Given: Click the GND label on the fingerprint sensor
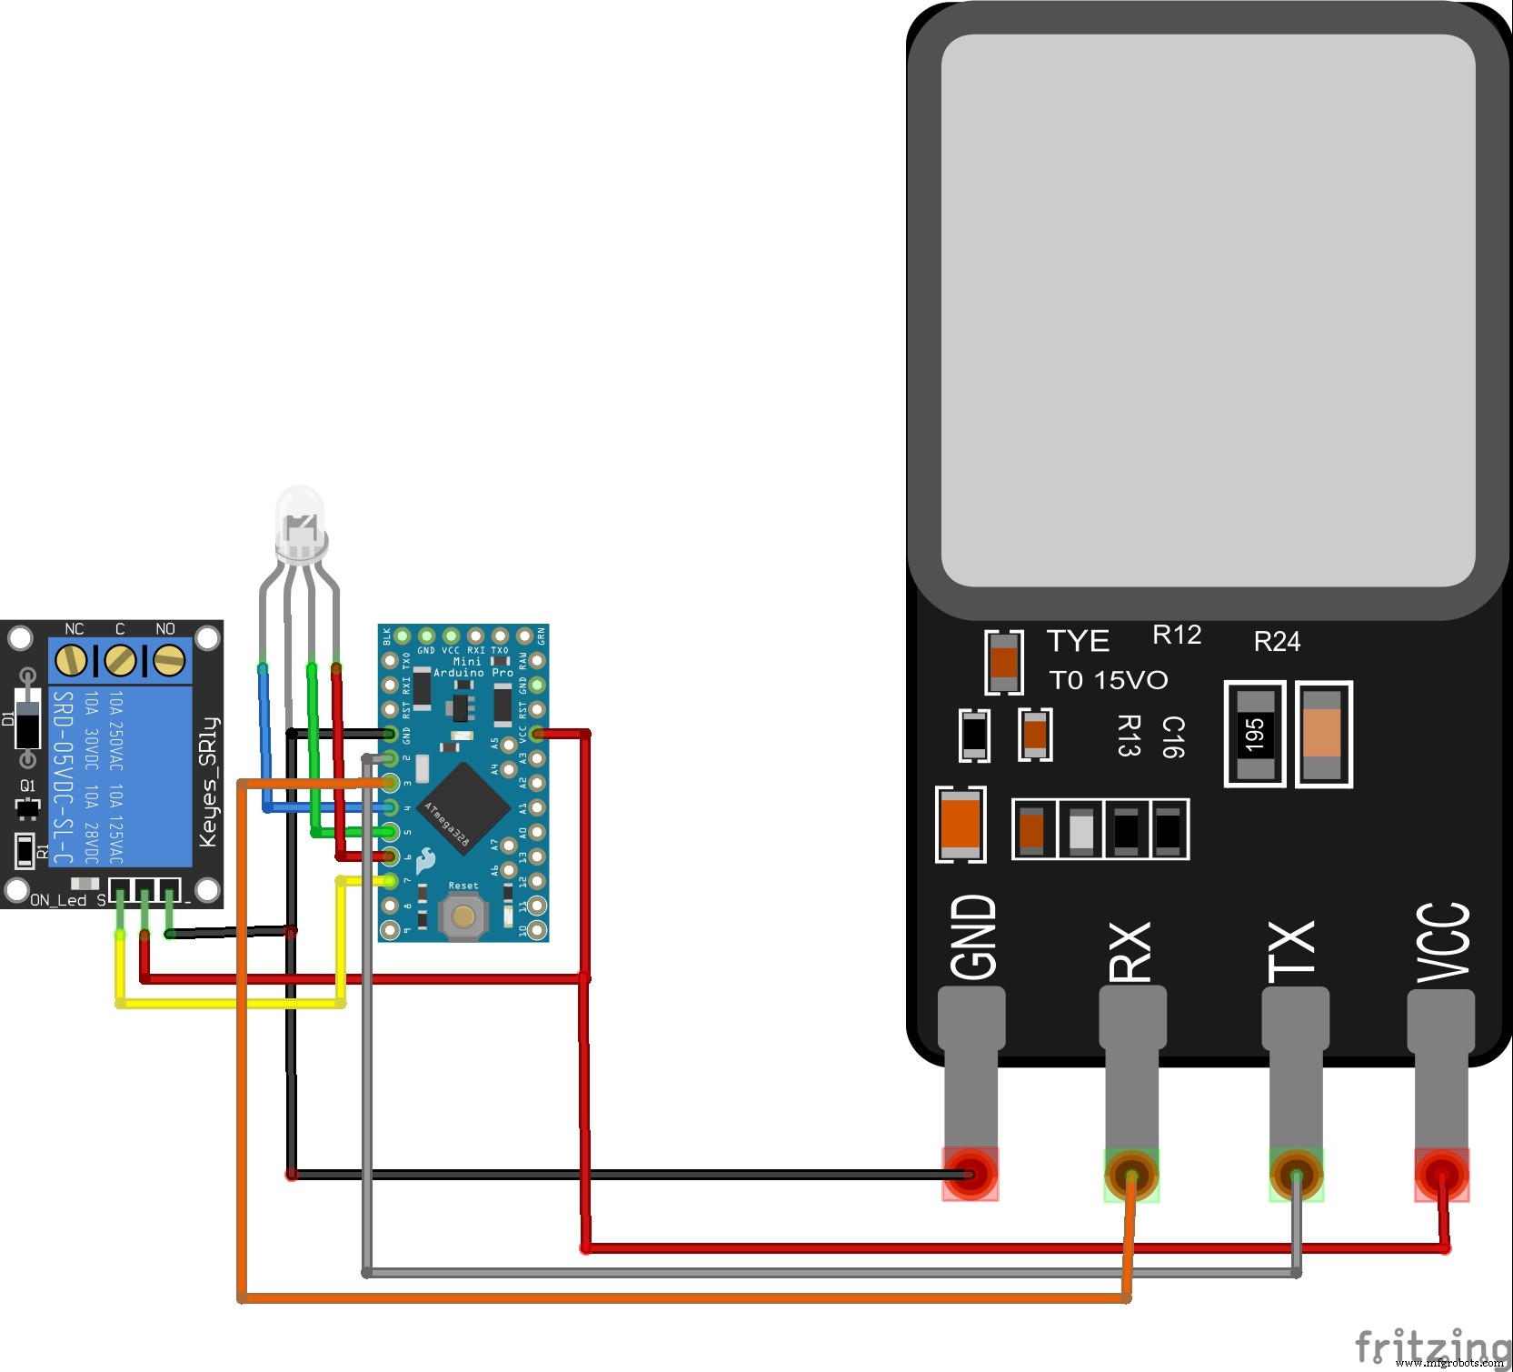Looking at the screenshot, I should [x=973, y=936].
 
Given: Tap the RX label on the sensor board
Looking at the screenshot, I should [x=1130, y=951].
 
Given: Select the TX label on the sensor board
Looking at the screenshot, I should [x=1292, y=951].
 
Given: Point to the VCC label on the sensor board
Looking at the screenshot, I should [x=1443, y=944].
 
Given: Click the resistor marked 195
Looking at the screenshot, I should [x=1255, y=734].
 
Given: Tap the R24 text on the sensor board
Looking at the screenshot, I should [x=1277, y=642].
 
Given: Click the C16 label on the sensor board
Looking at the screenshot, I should [x=1173, y=736].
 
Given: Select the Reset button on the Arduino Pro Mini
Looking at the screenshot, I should [x=463, y=916].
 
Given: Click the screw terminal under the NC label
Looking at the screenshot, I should [x=72, y=661].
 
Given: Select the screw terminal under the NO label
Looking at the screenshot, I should [x=168, y=661].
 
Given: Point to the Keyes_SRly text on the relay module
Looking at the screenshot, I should [x=208, y=782].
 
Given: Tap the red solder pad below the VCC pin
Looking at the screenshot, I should [x=1441, y=1174].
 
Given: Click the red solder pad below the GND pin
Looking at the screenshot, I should [x=971, y=1174].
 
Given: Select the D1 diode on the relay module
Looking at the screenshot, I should [x=28, y=718].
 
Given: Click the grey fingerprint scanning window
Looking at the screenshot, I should [x=1208, y=309].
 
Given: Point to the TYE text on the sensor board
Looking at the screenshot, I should [x=1078, y=641].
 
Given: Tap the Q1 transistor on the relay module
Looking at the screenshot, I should [x=27, y=806].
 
